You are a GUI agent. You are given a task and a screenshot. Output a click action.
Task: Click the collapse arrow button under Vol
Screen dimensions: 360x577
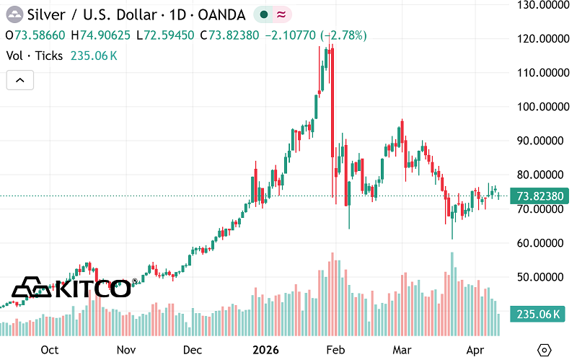pos(20,81)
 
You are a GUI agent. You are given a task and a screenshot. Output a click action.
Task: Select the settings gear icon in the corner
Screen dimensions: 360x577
pos(545,349)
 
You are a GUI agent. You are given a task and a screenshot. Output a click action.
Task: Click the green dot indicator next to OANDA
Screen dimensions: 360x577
pos(265,14)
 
